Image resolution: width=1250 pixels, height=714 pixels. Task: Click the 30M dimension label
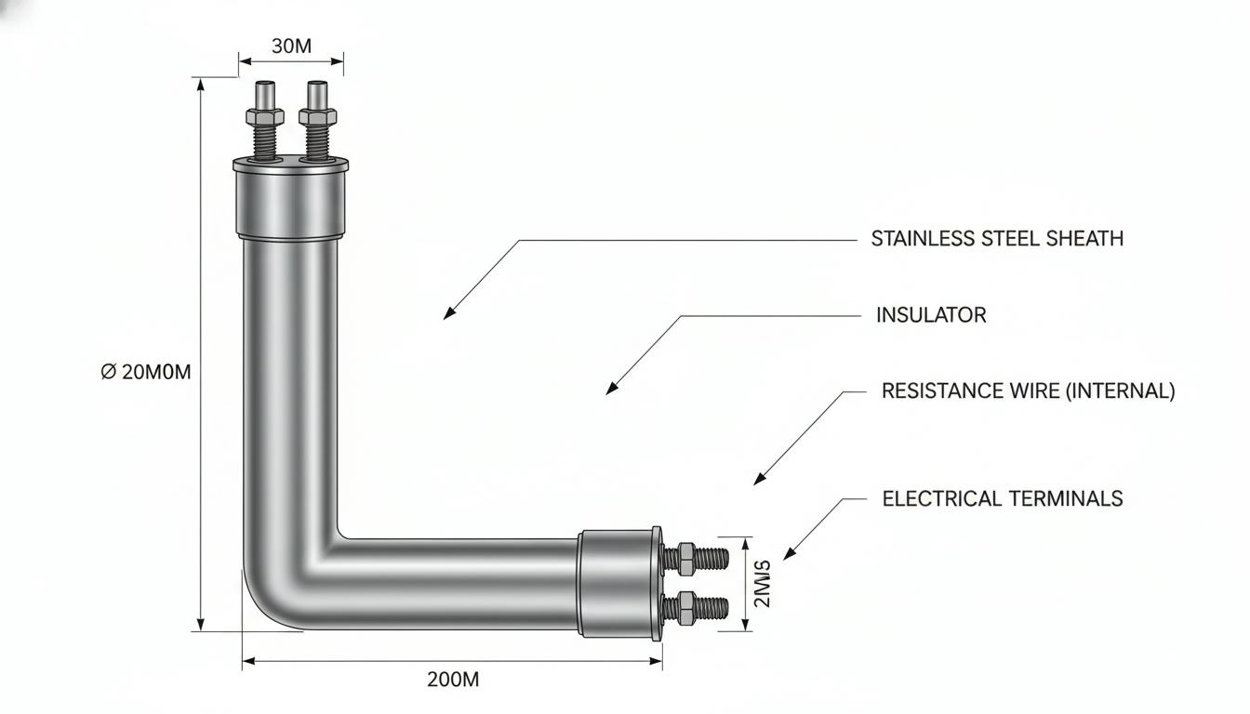291,46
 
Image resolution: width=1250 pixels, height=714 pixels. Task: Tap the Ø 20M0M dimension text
146,372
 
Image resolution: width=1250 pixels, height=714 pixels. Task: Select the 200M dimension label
453,680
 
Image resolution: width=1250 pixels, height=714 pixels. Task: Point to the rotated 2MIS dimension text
762,584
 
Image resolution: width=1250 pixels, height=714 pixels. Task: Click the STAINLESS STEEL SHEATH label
997,239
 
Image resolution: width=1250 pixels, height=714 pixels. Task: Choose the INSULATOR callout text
931,315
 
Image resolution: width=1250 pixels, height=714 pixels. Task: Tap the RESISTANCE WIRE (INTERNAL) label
1028,391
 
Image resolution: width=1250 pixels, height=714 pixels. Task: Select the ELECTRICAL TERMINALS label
1003,498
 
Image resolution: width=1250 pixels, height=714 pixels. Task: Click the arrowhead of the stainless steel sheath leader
448,314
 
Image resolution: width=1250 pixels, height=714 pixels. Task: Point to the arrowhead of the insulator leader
611,390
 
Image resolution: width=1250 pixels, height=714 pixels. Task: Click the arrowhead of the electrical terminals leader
789,554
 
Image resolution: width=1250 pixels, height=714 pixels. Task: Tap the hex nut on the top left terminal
264,116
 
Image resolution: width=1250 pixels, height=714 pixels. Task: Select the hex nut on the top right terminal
317,116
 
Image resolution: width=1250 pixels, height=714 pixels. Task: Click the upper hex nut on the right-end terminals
685,559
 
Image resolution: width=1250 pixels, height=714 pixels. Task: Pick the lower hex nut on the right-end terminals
685,608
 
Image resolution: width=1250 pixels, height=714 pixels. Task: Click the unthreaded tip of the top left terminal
264,95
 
